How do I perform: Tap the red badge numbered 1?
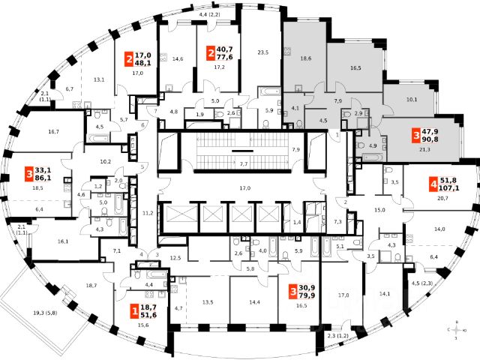(135, 310)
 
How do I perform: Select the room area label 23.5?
(262, 52)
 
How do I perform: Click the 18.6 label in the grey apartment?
(305, 58)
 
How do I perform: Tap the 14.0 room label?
(439, 229)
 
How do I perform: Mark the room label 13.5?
(208, 302)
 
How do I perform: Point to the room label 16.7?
(52, 132)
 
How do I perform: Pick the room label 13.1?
(98, 79)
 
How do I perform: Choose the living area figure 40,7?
(225, 51)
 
